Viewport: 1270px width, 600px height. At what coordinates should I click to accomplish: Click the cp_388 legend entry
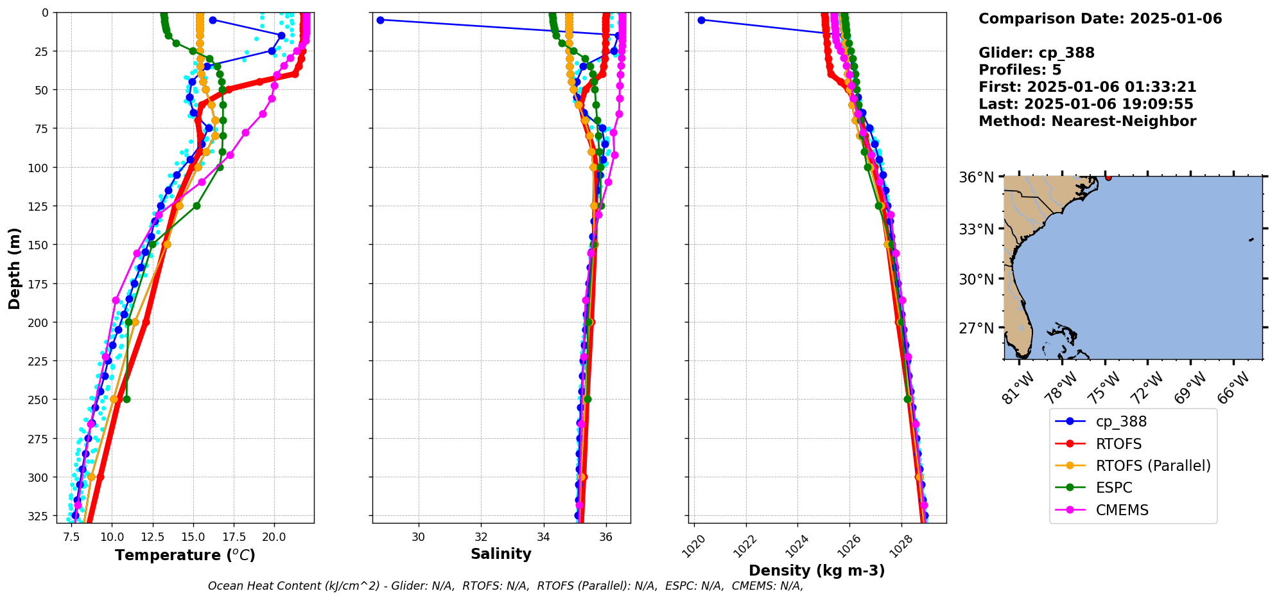pyautogui.click(x=1120, y=421)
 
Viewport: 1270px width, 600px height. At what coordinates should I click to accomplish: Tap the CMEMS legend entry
pyautogui.click(x=1121, y=510)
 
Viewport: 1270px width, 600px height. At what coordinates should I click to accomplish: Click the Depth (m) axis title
pyautogui.click(x=14, y=268)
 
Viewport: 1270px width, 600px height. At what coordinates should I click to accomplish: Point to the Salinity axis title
pyautogui.click(x=501, y=554)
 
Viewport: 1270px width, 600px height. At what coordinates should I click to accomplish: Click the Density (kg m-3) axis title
pyautogui.click(x=817, y=570)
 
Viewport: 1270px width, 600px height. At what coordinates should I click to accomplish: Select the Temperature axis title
pyautogui.click(x=185, y=555)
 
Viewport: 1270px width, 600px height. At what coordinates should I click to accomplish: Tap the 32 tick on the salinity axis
pyautogui.click(x=481, y=537)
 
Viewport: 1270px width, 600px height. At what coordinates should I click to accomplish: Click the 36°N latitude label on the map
pyautogui.click(x=976, y=177)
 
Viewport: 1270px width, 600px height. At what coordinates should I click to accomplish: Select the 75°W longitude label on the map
pyautogui.click(x=1104, y=388)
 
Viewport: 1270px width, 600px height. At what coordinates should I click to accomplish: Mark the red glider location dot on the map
pyautogui.click(x=1108, y=177)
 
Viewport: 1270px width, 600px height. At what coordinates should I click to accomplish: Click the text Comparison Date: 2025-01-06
pyautogui.click(x=1100, y=19)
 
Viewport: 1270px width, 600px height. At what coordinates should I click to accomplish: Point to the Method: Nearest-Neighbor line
pyautogui.click(x=1087, y=121)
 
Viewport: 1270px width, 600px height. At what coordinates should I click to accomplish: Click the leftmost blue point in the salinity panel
pyautogui.click(x=380, y=20)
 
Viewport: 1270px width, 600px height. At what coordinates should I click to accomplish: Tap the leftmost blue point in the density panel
pyautogui.click(x=701, y=20)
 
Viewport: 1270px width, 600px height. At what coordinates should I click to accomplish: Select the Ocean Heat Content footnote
pyautogui.click(x=505, y=586)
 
